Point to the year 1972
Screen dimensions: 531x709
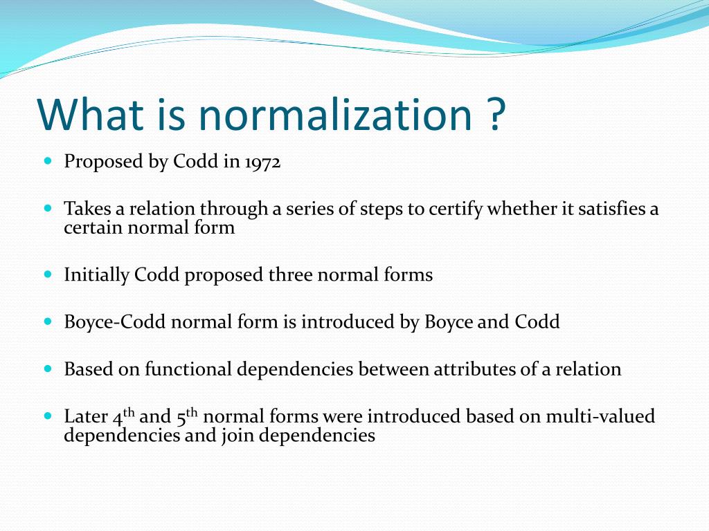[x=262, y=162]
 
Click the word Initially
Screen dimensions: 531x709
[x=97, y=275]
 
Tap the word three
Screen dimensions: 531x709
[x=290, y=275]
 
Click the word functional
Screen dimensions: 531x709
[x=188, y=369]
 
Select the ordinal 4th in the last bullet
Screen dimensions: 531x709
[x=123, y=416]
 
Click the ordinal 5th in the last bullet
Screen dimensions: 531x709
[x=187, y=416]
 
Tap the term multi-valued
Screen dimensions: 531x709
[x=600, y=417]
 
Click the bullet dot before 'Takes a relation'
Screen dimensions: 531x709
[x=48, y=207]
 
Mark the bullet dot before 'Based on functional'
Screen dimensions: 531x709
[x=48, y=369]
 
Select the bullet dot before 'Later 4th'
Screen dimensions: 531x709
[x=48, y=416]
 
